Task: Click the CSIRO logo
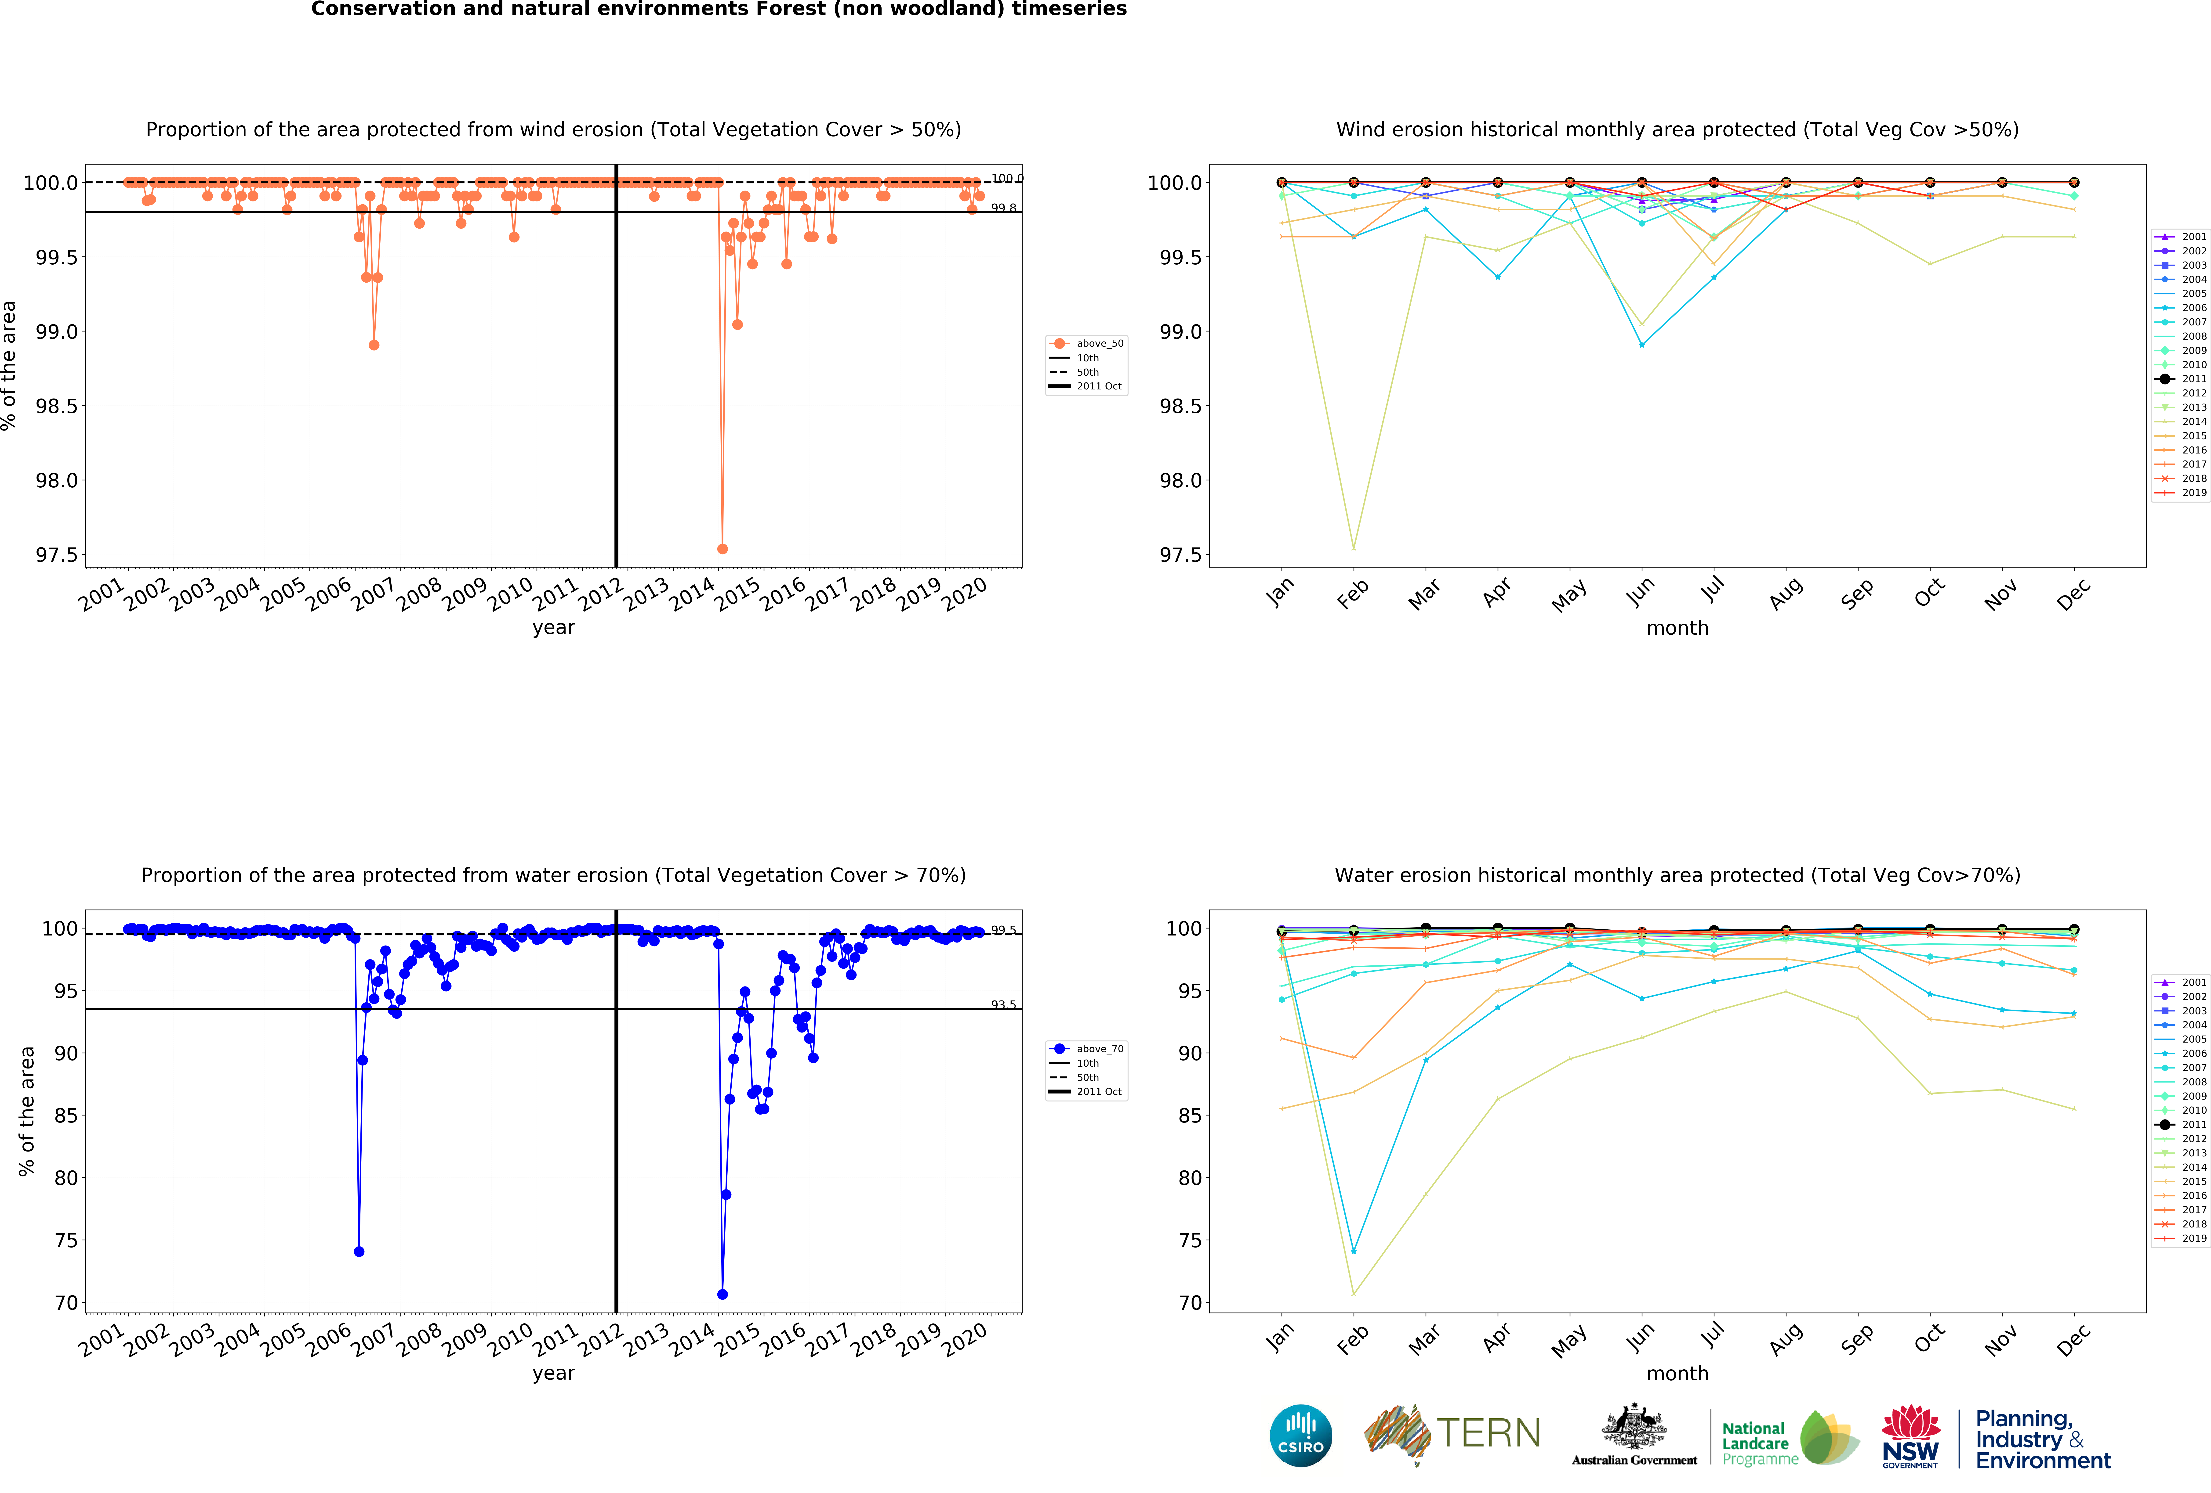[x=1300, y=1435]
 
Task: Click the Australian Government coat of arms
[x=1634, y=1426]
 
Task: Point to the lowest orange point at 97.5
[x=722, y=549]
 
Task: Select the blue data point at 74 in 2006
[x=359, y=1252]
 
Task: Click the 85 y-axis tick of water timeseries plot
[x=66, y=1115]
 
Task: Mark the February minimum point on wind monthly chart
[x=1353, y=548]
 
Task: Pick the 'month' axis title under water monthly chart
[x=1677, y=1373]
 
